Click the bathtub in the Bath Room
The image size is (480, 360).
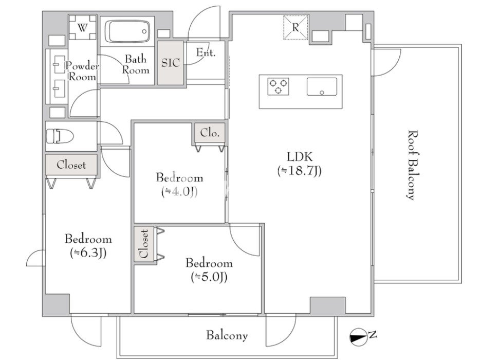(127, 31)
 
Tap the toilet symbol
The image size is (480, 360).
(60, 136)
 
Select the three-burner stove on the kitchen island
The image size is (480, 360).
(278, 86)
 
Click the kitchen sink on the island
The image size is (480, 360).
(322, 86)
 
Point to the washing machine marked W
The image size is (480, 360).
(82, 28)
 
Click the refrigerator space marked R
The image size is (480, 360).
(296, 28)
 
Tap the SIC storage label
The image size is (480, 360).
(171, 63)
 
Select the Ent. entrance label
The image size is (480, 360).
(206, 52)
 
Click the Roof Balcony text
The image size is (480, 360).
(413, 165)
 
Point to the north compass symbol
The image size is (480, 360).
(359, 337)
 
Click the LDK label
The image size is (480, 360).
(300, 157)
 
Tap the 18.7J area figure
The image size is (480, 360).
(300, 171)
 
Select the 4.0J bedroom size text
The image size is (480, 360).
(179, 192)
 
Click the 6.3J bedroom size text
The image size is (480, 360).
(88, 253)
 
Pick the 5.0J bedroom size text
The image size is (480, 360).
(209, 277)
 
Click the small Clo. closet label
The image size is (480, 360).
(210, 133)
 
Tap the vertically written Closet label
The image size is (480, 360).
(143, 244)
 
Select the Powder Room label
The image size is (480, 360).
(82, 71)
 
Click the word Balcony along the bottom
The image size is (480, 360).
(227, 335)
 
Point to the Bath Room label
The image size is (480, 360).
(136, 64)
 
